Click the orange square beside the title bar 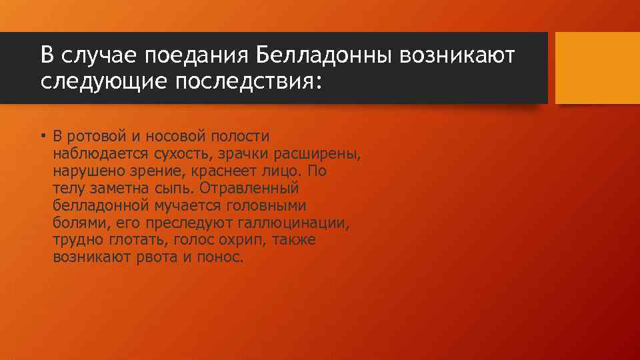coord(597,67)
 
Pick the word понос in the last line coord(221,257)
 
